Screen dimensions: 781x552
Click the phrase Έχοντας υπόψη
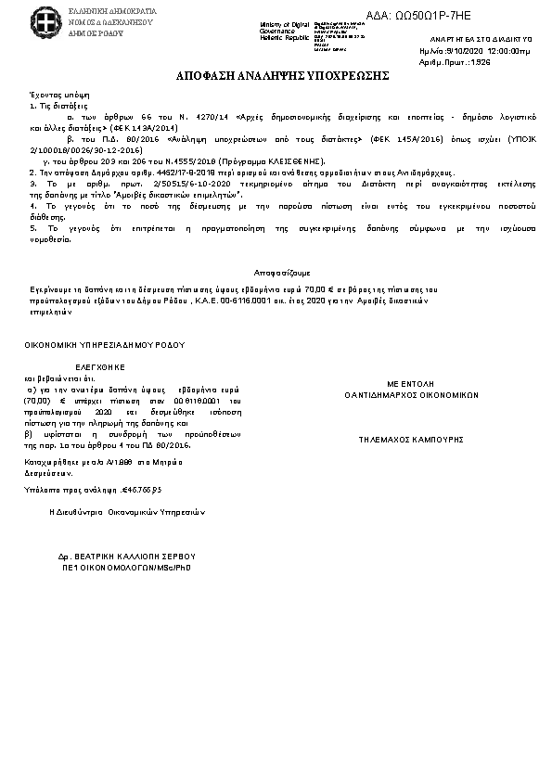tap(51, 96)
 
